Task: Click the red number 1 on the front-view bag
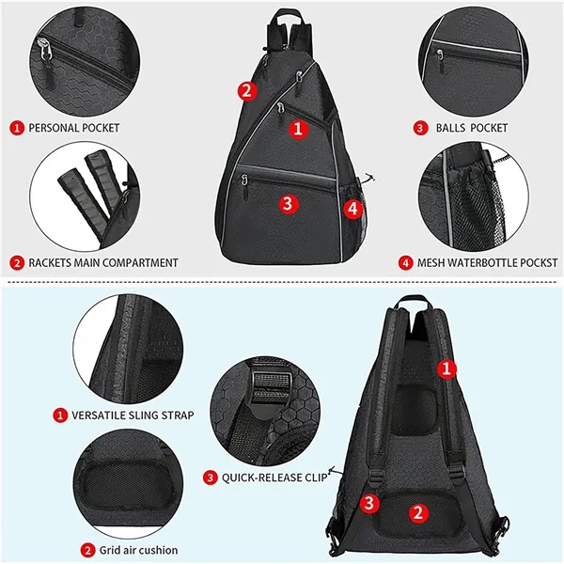[x=298, y=130]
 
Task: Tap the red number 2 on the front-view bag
[x=246, y=90]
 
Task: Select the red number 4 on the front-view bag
[x=352, y=209]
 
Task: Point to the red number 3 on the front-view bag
[x=288, y=201]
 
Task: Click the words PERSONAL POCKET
[x=73, y=127]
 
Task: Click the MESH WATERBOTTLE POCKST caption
[x=480, y=262]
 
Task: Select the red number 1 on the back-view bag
[x=448, y=369]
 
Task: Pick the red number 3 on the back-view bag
[x=371, y=503]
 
